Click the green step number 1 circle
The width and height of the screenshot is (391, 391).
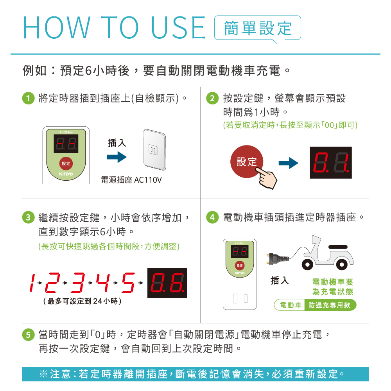click(29, 98)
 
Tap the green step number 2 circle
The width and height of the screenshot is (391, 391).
click(212, 98)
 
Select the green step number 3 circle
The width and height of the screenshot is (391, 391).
click(29, 217)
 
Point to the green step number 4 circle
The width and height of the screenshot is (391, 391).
click(212, 217)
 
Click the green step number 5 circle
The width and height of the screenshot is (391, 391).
click(29, 335)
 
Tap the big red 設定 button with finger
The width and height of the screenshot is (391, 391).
click(246, 161)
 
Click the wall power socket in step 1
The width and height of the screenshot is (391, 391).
click(154, 150)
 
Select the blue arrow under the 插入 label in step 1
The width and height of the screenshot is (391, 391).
click(117, 157)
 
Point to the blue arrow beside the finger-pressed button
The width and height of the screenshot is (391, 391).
click(289, 163)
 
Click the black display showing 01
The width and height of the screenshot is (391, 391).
click(331, 163)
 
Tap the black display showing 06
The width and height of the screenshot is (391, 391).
click(167, 283)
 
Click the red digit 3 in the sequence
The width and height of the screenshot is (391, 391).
click(78, 283)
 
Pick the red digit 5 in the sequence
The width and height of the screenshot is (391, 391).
click(128, 283)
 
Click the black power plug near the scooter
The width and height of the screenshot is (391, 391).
click(278, 258)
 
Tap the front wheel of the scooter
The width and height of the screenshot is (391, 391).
click(307, 264)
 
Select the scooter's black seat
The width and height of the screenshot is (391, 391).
click(338, 247)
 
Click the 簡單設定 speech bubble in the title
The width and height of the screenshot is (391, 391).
click(258, 28)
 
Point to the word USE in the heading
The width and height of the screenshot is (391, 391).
click(178, 27)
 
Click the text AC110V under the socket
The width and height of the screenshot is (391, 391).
click(148, 180)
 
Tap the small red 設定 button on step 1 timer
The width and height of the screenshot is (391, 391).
click(66, 163)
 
